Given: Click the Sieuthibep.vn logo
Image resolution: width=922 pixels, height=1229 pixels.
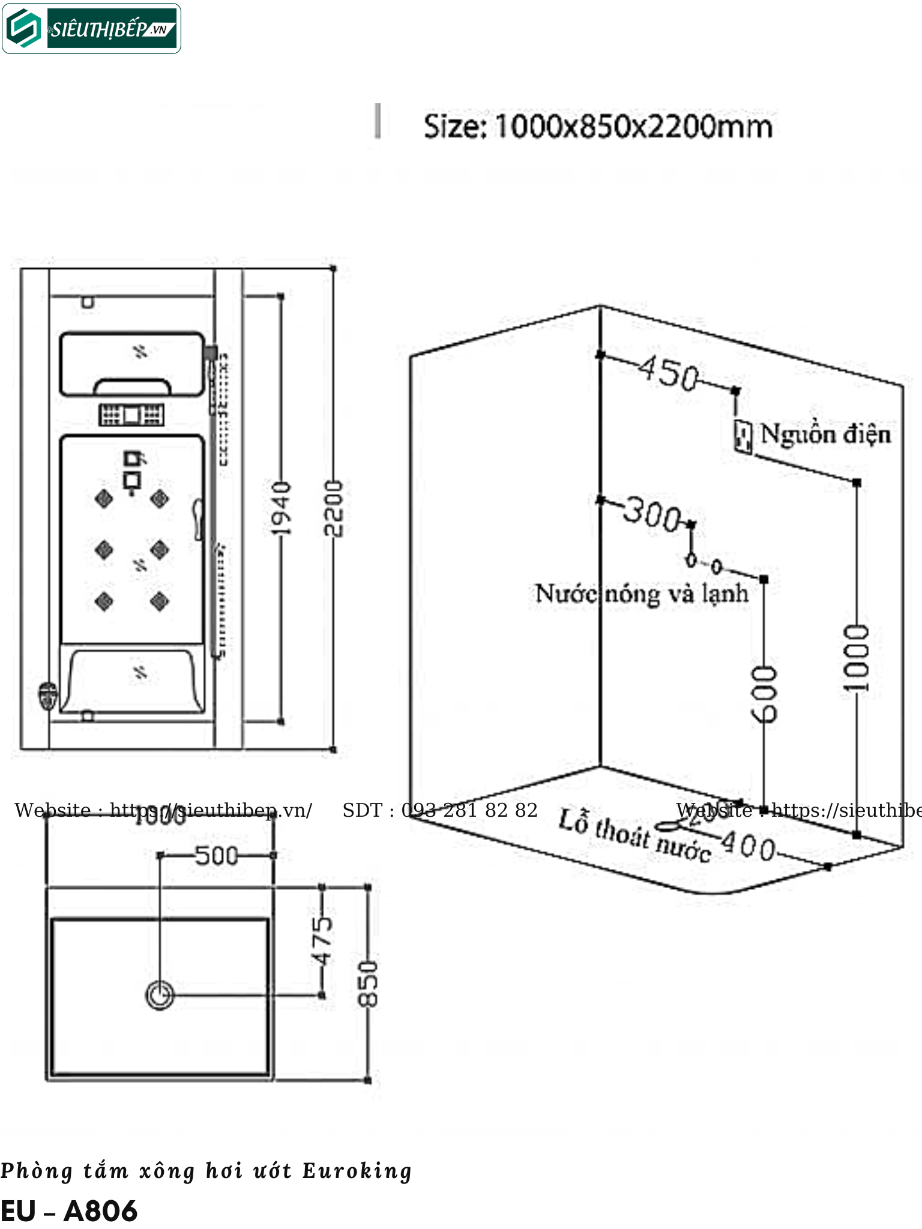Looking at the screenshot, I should coord(91,29).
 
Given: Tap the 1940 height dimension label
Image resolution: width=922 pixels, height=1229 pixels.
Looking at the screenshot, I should coord(280,508).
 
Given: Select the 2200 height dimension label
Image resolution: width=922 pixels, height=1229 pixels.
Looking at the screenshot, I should coord(333,508).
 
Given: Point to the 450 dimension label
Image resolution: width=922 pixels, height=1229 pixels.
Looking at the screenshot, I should coord(668,373).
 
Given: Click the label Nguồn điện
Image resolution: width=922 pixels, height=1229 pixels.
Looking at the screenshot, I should coord(825,434).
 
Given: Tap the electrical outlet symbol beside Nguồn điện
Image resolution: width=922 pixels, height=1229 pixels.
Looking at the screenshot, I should coord(743,436).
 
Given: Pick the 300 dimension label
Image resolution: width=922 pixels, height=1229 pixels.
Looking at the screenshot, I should coord(652,514).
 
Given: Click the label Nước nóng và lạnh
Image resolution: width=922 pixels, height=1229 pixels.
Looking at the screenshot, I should coord(642,594).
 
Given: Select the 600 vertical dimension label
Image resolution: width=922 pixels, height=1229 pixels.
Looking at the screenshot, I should coord(764,694).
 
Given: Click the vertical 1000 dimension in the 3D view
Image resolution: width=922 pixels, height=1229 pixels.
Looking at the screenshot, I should coord(857,657).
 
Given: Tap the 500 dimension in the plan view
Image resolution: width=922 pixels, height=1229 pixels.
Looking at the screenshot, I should coord(217,856).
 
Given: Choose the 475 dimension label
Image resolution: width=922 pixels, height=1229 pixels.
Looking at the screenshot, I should coord(322,940).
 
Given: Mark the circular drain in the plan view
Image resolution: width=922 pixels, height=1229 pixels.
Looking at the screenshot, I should coord(160,996).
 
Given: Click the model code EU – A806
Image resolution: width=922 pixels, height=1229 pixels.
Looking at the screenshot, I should coord(69,1211).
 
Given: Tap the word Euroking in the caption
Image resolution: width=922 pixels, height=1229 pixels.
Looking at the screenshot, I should coord(357,1171).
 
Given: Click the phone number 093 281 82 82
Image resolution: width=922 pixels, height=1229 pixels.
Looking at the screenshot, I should coord(469,811).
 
